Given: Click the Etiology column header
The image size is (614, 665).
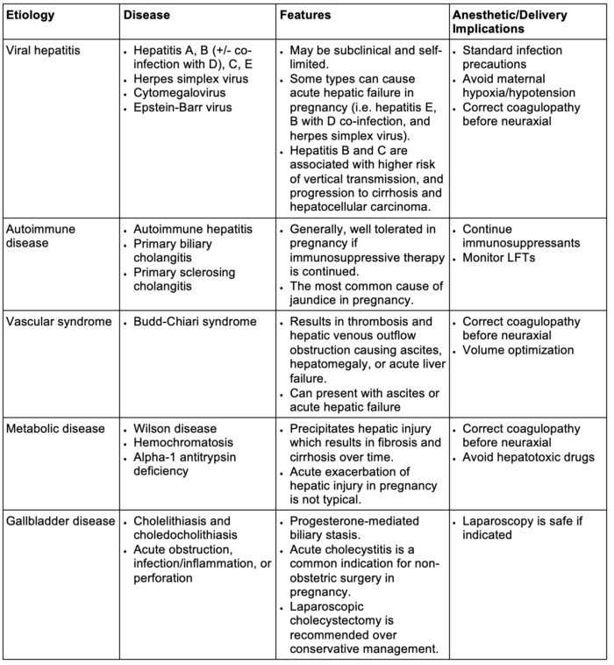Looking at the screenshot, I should pos(32,16).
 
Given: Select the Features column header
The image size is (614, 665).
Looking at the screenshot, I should pos(307,16).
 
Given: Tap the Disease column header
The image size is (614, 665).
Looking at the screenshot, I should pos(145,16).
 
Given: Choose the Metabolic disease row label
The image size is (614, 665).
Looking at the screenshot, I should pos(54,429).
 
